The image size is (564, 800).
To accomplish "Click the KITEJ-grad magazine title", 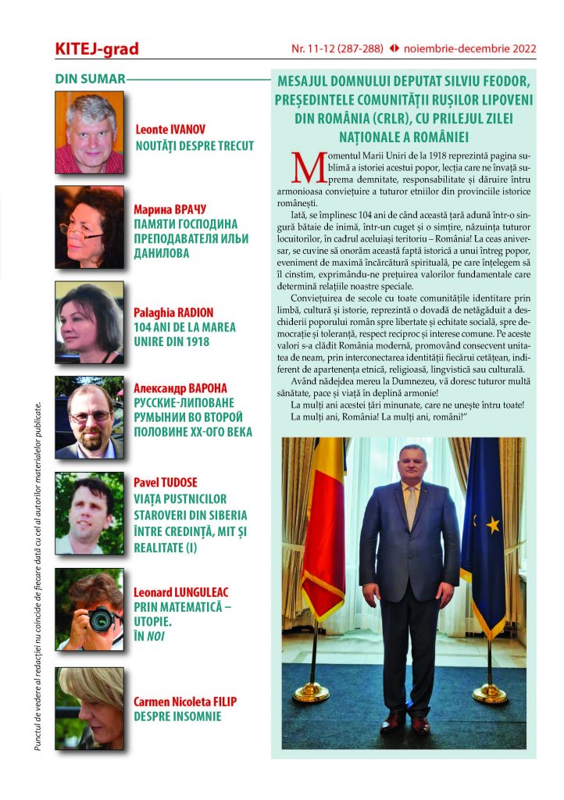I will [x=97, y=48].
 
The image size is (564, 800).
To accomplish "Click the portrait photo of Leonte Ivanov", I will [x=89, y=132].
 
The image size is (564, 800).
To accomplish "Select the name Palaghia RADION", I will [x=174, y=312].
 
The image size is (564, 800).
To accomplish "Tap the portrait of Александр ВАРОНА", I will [x=89, y=416].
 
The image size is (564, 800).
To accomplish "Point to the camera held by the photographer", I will [x=100, y=620].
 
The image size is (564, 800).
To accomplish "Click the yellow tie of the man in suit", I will [x=411, y=509].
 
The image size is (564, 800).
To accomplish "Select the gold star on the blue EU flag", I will [x=493, y=525].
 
